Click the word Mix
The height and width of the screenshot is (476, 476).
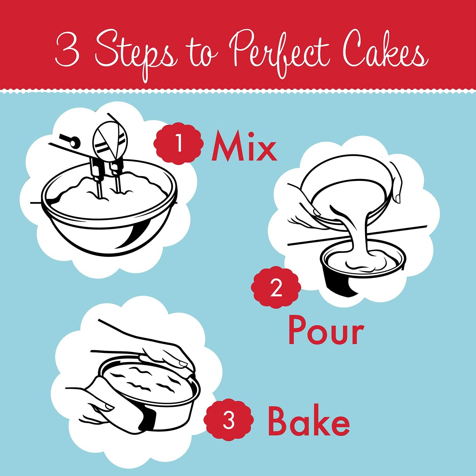pos(244,146)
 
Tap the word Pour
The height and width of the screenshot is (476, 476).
pos(326,331)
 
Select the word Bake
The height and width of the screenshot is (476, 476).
pos(308,421)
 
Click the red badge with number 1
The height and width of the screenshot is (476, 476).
pos(178,144)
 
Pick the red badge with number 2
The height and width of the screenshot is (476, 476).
pos(275,288)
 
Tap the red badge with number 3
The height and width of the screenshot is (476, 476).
pos(228,420)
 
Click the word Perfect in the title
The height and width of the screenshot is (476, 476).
pos(279,52)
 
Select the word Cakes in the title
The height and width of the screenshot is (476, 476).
pos(386,52)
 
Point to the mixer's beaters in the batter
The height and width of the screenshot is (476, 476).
pos(108,181)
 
